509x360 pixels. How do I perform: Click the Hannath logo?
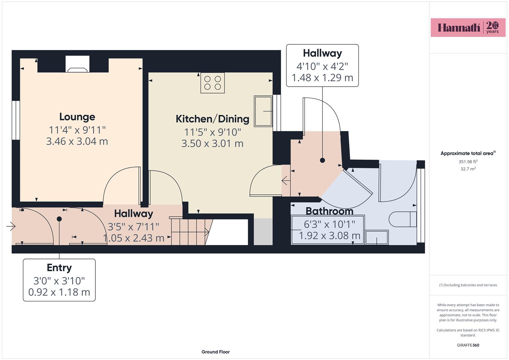(x=468, y=27)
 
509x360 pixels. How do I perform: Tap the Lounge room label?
(x=77, y=117)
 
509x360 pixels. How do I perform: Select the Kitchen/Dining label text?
(x=212, y=119)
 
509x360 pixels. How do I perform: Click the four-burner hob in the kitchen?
(x=212, y=83)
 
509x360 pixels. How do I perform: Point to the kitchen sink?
(x=263, y=111)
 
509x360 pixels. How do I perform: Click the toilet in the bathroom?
(x=403, y=219)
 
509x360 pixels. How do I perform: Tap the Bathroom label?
(x=329, y=211)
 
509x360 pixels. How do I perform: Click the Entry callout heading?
(x=59, y=268)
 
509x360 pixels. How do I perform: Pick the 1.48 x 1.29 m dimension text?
(x=322, y=78)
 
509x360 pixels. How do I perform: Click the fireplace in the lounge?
(x=77, y=64)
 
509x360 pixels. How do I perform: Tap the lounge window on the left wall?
(x=16, y=120)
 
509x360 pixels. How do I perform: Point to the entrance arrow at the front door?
(x=11, y=226)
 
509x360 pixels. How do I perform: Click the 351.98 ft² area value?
(x=468, y=162)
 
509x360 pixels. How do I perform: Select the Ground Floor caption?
(x=216, y=352)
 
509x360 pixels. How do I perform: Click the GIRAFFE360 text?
(x=468, y=345)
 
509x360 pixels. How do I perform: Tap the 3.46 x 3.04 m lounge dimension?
(x=77, y=141)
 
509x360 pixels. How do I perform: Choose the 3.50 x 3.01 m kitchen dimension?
(x=212, y=143)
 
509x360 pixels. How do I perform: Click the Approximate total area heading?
(x=468, y=153)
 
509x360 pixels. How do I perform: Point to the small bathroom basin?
(x=377, y=237)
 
